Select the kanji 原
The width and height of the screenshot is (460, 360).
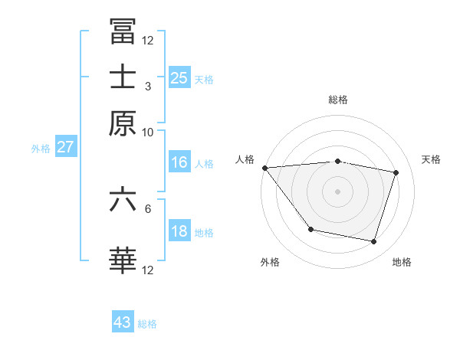click(123, 123)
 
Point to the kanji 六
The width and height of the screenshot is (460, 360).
click(123, 200)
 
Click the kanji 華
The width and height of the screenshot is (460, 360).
click(123, 260)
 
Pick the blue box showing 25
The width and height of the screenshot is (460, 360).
click(179, 77)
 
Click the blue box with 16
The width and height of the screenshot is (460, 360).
click(179, 162)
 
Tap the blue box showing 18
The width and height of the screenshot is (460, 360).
click(179, 231)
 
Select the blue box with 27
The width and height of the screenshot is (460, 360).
click(65, 147)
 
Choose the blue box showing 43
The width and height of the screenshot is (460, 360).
click(123, 322)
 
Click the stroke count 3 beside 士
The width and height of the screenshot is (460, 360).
click(147, 87)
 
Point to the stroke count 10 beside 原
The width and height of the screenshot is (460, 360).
click(147, 132)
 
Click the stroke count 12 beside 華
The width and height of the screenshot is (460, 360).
click(147, 270)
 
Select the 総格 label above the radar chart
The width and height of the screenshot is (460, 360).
click(338, 100)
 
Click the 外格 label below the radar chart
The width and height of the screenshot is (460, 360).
click(270, 262)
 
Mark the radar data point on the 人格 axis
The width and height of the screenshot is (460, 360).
click(264, 168)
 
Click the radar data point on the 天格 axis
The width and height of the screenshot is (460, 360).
click(396, 172)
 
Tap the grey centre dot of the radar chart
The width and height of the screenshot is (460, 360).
click(338, 191)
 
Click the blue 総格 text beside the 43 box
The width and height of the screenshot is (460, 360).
click(147, 324)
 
